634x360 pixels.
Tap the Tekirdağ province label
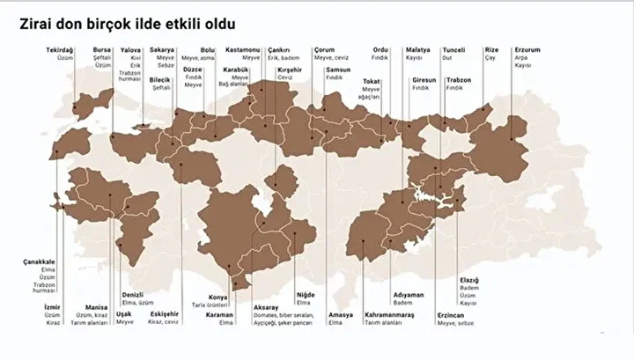tap(61, 50)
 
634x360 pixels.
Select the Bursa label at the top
tap(103, 50)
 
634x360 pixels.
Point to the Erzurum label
tap(527, 50)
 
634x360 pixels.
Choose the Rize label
tap(493, 50)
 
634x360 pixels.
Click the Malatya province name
tap(417, 50)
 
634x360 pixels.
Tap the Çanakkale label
tap(39, 261)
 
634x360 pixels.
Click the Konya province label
tap(217, 298)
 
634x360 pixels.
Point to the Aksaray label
tap(266, 307)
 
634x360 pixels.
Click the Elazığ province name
tap(469, 280)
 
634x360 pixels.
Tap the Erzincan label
tap(451, 315)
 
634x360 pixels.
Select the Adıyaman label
tap(409, 294)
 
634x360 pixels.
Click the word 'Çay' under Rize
tap(490, 58)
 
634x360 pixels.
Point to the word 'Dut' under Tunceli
tap(447, 58)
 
